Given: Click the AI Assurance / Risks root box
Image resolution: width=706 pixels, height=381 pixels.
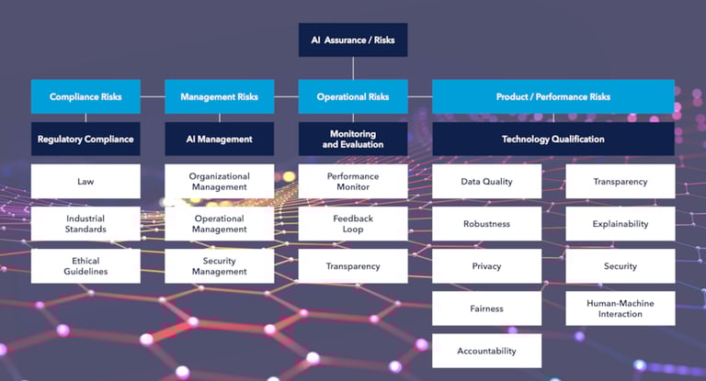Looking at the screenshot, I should [352, 40].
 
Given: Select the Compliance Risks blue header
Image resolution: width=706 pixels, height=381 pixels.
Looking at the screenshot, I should [85, 96].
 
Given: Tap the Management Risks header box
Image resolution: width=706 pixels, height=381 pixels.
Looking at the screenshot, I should [219, 96].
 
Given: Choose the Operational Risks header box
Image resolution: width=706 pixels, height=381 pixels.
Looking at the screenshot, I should [352, 96].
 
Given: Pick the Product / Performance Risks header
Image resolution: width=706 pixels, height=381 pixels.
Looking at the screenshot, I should [553, 96].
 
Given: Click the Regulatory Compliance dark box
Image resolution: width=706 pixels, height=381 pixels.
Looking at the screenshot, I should [85, 139].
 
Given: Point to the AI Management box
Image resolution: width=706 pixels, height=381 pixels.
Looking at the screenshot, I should [219, 139].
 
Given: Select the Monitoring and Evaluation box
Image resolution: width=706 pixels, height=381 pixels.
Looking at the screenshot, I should [352, 139].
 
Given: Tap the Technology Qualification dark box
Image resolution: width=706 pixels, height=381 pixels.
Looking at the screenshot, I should [553, 139].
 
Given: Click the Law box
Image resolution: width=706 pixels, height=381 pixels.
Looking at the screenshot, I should [85, 181].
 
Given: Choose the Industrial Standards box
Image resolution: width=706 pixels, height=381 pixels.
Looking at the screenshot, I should [85, 223].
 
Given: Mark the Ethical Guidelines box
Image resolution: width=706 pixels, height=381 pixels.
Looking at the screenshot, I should [85, 265].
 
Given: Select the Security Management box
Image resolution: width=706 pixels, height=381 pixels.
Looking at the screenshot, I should [219, 265].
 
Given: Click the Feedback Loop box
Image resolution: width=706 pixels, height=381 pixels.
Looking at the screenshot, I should [352, 223].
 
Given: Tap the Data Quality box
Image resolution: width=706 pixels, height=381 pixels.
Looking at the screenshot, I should [486, 181].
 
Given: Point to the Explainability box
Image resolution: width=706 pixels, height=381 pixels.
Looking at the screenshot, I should [620, 223].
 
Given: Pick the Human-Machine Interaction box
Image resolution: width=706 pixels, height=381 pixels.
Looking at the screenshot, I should [620, 308].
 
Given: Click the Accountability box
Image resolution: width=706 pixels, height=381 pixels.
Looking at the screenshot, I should [486, 351].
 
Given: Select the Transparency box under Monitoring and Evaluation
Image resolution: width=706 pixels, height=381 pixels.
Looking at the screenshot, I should [352, 265].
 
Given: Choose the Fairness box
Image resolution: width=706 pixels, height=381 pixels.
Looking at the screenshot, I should [486, 308].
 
